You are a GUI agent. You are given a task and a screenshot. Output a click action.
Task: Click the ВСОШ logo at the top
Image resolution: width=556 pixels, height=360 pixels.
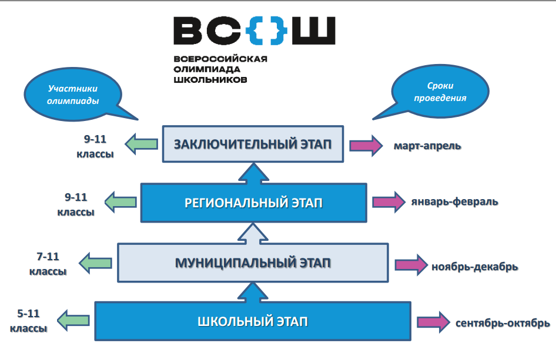click(254, 31)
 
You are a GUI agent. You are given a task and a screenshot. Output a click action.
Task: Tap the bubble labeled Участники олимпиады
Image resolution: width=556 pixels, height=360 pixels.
click(73, 95)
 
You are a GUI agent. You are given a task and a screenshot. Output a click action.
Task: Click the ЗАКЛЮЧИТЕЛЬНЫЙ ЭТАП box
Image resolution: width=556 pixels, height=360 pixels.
click(252, 144)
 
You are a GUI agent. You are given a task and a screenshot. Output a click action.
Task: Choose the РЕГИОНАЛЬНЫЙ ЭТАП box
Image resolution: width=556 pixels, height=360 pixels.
click(253, 203)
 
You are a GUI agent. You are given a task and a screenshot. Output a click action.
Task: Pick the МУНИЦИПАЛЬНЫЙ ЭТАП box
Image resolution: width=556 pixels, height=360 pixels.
click(253, 262)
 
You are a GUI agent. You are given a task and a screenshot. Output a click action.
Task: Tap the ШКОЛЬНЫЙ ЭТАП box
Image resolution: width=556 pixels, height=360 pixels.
click(253, 321)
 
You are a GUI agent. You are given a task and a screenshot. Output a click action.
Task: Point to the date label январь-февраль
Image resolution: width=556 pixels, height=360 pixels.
click(455, 202)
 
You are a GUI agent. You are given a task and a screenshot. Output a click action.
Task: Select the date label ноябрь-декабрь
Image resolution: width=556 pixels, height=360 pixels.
click(474, 267)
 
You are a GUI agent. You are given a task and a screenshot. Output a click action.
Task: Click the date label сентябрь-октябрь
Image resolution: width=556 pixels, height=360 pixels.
click(503, 323)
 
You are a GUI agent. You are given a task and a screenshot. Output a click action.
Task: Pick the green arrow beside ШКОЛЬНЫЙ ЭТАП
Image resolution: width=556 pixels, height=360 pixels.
click(73, 321)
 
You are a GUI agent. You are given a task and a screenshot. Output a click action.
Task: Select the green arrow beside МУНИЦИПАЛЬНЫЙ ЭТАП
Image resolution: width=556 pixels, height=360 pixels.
click(96, 261)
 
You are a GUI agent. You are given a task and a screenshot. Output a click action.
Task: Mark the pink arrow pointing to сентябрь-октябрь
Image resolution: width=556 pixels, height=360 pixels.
click(434, 322)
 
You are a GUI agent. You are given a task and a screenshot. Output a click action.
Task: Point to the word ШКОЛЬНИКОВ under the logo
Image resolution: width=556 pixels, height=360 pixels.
click(210, 78)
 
